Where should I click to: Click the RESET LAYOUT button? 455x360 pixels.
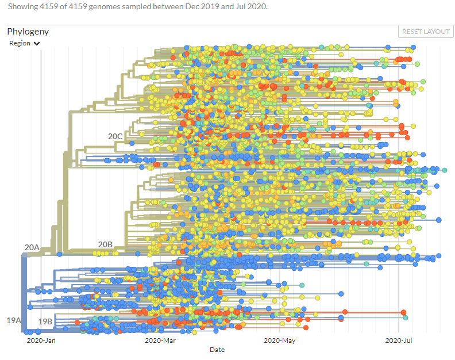tap(426, 32)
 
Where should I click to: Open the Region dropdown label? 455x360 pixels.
tap(20, 43)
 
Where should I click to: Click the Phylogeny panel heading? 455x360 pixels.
tap(28, 32)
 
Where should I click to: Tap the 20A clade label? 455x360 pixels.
tap(32, 247)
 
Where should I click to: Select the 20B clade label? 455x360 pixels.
tap(105, 244)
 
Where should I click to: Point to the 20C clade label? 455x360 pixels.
tap(115, 136)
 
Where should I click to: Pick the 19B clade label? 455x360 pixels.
tap(45, 321)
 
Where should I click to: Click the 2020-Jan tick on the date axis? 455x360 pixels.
tap(41, 340)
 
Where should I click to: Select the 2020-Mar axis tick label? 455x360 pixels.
tap(160, 340)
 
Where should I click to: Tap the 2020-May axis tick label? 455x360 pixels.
tap(279, 340)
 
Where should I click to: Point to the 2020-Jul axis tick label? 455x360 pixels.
tap(399, 340)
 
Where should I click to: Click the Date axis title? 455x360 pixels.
tap(217, 350)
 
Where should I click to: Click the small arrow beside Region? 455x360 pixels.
tap(37, 44)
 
